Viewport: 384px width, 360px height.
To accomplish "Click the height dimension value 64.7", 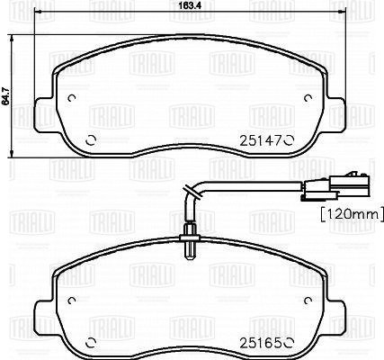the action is tap(4, 95).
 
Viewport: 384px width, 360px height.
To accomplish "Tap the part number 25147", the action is tap(261, 140).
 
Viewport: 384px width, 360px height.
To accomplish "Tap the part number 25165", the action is tap(261, 343).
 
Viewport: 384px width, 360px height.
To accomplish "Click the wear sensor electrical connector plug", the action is tap(335, 187).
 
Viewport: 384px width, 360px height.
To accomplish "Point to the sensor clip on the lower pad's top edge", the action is tap(189, 242).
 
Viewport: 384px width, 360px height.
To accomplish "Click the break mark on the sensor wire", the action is tap(192, 193).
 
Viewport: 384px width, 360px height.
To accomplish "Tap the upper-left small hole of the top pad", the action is tap(72, 98).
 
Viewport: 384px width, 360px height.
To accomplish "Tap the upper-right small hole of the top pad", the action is tap(308, 98).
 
